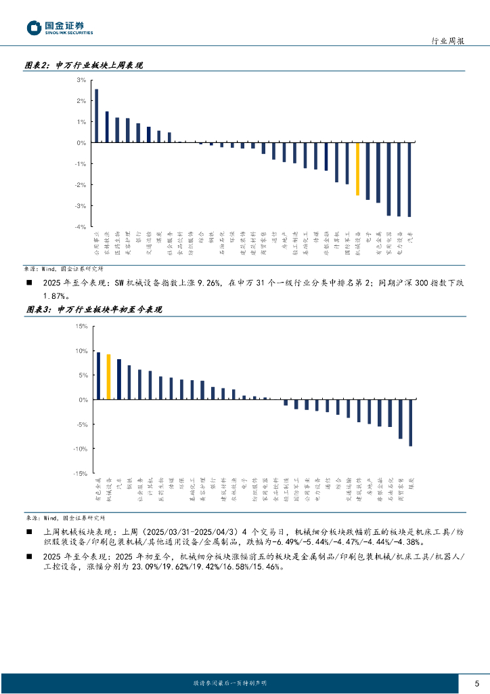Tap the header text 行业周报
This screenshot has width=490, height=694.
[447, 41]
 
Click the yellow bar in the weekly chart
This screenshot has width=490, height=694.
[357, 169]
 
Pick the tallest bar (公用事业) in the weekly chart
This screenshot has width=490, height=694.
[96, 115]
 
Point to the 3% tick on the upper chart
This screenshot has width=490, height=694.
[81, 80]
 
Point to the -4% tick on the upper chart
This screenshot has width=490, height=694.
[80, 226]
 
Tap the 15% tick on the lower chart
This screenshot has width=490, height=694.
[81, 327]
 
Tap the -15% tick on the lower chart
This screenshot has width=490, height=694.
[81, 473]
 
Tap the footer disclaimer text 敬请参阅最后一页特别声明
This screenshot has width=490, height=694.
[230, 682]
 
